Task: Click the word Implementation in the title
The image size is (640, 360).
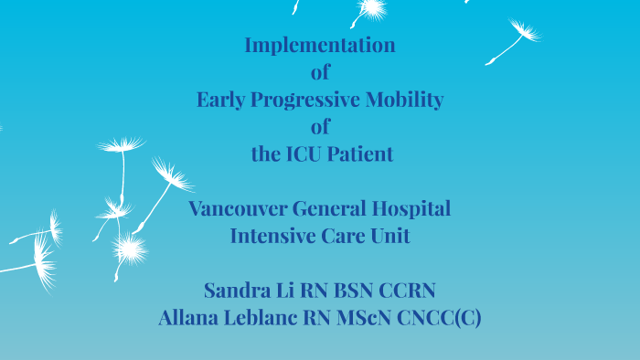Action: pyautogui.click(x=320, y=45)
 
